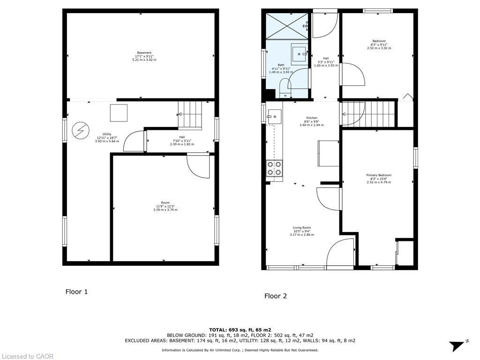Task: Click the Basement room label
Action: point(144,56)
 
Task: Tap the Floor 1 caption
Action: point(76,292)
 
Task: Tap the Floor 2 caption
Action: point(275,296)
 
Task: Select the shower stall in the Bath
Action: point(287,26)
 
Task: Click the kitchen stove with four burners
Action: point(274,168)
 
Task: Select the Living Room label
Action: point(302,231)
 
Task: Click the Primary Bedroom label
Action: point(378,179)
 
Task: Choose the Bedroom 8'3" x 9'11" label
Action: point(379,45)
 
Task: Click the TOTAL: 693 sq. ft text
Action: point(240,330)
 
